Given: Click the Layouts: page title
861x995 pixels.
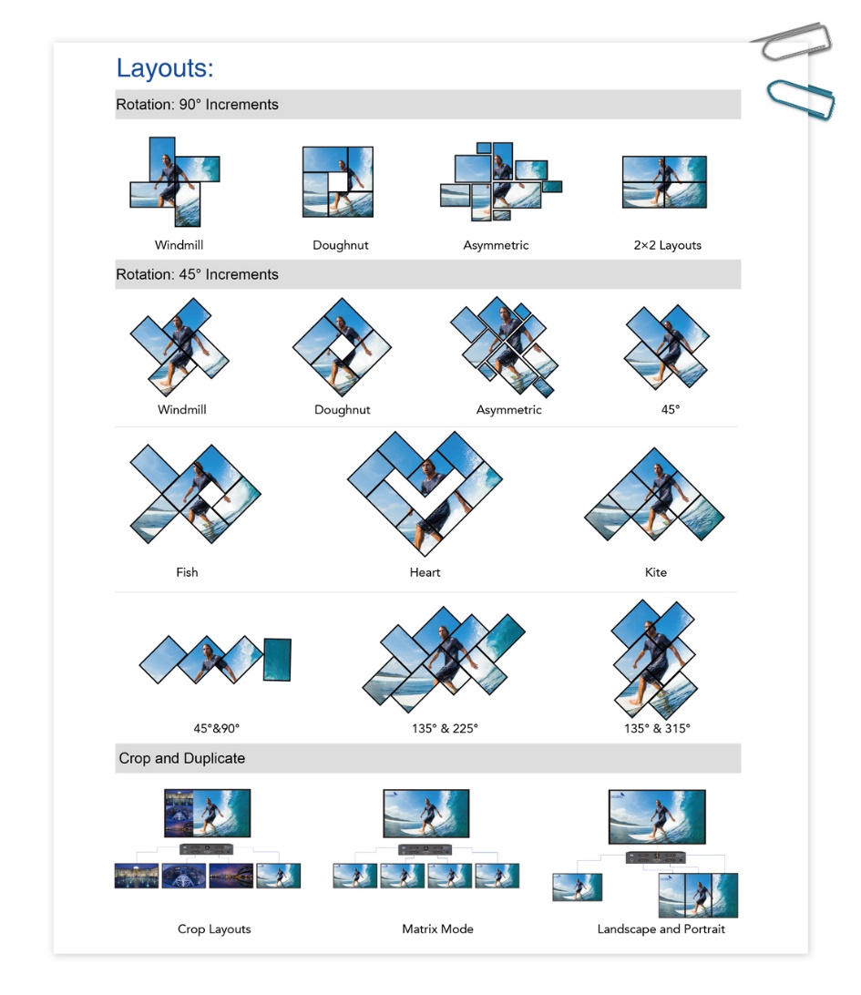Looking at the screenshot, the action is coord(164,68).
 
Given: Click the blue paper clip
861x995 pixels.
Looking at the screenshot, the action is coord(800,99).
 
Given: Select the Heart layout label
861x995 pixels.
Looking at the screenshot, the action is coord(425,572).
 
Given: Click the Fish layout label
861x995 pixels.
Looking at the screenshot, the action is coord(187,572).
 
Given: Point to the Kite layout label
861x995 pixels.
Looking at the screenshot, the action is coord(655,572).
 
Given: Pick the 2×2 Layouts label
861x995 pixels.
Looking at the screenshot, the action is coord(668,245).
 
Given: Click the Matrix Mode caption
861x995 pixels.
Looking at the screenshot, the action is coord(437,929).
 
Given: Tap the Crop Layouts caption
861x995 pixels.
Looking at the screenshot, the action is coord(214,929).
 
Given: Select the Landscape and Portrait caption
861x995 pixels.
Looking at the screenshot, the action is coord(661,929).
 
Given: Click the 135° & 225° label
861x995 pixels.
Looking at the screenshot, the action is coord(445,728).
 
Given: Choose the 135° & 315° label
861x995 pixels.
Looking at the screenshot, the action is coord(657,728).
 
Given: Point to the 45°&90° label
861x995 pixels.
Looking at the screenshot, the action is coord(216,728).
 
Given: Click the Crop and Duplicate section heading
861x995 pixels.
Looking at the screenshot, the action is coord(181,758).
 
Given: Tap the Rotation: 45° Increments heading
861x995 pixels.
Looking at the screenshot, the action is coord(197,274).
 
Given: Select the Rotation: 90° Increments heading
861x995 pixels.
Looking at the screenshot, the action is coord(197,105).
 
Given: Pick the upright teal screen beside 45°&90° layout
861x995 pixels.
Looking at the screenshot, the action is coord(277,659).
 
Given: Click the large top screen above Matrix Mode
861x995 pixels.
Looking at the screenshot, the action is coord(426,813).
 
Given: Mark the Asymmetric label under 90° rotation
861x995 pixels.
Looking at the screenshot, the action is coord(496,245).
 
